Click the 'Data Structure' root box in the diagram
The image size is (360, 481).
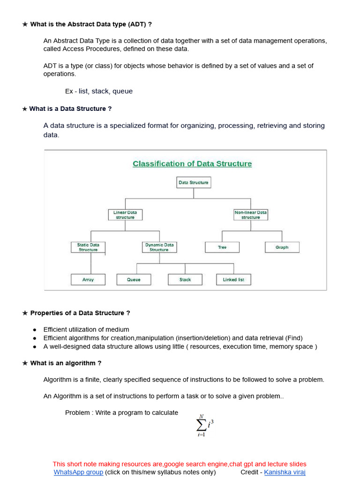pyautogui.click(x=193, y=182)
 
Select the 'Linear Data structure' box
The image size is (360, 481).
pyautogui.click(x=125, y=215)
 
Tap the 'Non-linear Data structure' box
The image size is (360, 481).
pyautogui.click(x=251, y=215)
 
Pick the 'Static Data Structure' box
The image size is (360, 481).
pyautogui.click(x=88, y=247)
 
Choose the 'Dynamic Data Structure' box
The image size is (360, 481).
pyautogui.click(x=159, y=247)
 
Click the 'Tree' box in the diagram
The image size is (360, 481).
pyautogui.click(x=222, y=247)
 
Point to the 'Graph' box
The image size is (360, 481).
pyautogui.click(x=282, y=247)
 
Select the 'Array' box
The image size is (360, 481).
pyautogui.click(x=88, y=279)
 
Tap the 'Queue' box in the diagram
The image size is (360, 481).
pyautogui.click(x=134, y=279)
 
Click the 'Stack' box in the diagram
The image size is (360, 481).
pyautogui.click(x=185, y=279)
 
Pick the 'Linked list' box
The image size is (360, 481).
pyautogui.click(x=233, y=279)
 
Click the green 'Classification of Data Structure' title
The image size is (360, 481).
pyautogui.click(x=192, y=163)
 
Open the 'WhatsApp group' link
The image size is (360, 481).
pyautogui.click(x=78, y=472)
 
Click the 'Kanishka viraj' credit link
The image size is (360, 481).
pyautogui.click(x=285, y=472)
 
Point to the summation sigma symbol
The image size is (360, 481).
pyautogui.click(x=201, y=425)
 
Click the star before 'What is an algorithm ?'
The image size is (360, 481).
pyautogui.click(x=25, y=363)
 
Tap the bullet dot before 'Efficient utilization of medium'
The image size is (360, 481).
pyautogui.click(x=34, y=330)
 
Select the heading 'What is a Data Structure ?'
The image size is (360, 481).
pyautogui.click(x=70, y=109)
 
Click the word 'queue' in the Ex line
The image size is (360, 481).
pyautogui.click(x=122, y=91)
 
